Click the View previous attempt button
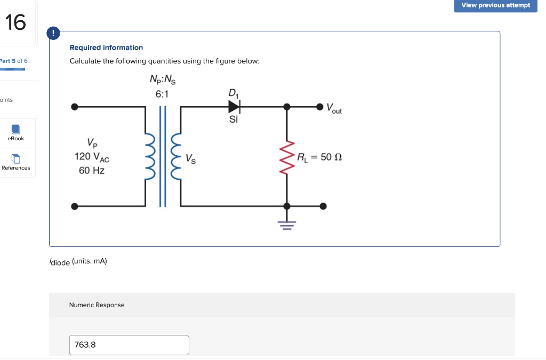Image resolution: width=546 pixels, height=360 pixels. pos(495,6)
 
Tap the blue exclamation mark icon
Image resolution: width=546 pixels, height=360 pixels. pos(53,33)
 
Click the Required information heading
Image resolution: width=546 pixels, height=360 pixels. pos(106,47)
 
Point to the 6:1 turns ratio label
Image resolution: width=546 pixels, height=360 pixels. pos(162,94)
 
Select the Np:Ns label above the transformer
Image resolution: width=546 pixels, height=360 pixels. pos(162,81)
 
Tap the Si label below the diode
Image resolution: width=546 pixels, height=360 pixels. pos(234,119)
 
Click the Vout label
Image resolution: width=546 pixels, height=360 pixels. pos(334,109)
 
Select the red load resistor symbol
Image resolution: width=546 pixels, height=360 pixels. pos(287,157)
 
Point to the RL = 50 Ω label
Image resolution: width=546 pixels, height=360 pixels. pos(319,157)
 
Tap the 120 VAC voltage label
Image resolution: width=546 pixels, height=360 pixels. pos(92,157)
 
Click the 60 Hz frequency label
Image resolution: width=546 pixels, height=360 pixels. pos(92,171)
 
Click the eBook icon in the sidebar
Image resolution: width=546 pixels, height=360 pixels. pos(15,130)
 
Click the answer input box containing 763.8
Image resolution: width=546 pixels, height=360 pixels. pos(129,345)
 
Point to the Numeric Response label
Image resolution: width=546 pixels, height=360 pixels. pos(97,305)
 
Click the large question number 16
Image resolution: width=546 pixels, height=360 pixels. pos(15,22)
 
